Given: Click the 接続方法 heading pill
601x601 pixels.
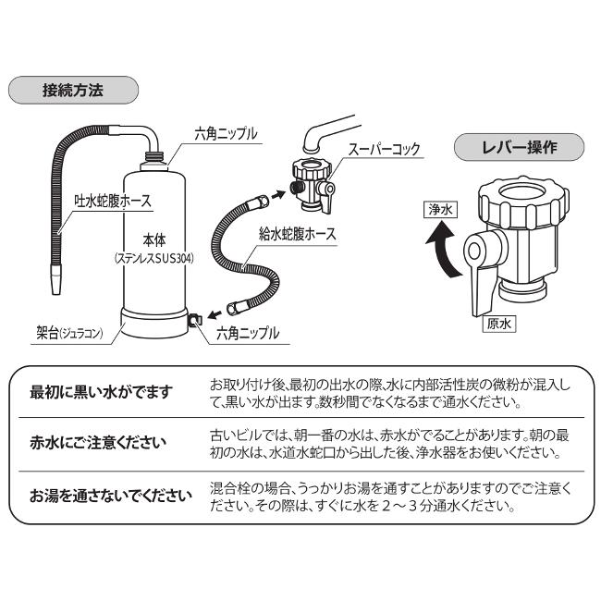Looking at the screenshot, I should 73,91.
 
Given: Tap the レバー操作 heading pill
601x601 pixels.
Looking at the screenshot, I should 521,147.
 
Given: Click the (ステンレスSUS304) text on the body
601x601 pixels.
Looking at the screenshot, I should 154,259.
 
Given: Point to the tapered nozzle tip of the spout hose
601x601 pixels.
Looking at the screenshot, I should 54,279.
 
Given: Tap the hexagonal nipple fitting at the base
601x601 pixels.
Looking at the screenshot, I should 196,320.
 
